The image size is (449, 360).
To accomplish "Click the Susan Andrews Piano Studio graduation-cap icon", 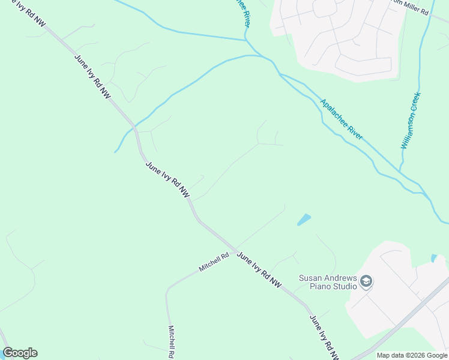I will (367, 281).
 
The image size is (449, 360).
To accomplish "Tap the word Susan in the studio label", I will (311, 278).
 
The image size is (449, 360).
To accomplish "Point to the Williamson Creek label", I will (411, 121).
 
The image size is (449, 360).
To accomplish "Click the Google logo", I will (20, 353).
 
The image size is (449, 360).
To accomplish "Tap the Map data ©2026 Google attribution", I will (411, 355).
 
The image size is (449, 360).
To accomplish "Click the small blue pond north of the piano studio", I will (304, 220).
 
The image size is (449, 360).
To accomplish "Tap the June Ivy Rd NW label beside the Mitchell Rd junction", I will (259, 268).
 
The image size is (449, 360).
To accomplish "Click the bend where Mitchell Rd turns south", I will (167, 289).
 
